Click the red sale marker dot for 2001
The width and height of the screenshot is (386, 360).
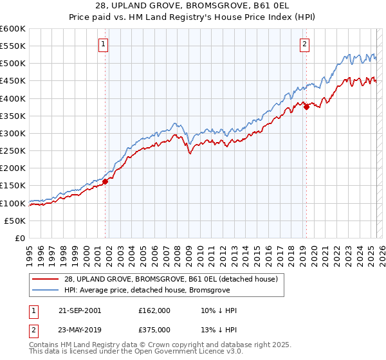click(105, 181)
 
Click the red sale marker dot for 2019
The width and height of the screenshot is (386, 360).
click(306, 107)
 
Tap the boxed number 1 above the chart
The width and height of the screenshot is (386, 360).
click(104, 44)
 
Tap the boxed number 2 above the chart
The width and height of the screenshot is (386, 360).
click(304, 44)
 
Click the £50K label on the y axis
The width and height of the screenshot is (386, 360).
click(15, 221)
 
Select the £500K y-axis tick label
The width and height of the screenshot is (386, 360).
click(13, 64)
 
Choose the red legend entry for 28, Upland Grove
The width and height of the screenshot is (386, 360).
click(170, 279)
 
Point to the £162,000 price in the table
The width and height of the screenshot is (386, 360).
click(154, 310)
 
